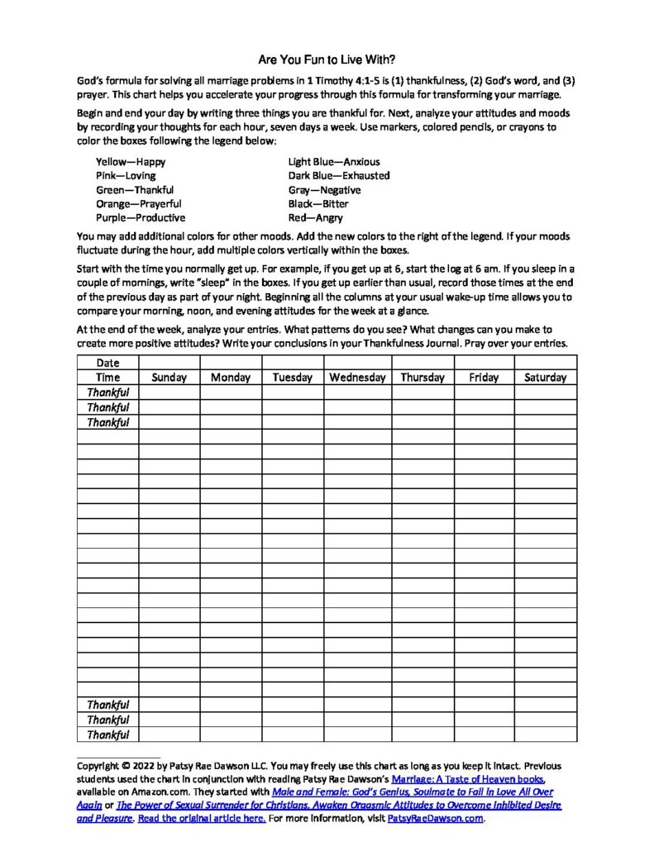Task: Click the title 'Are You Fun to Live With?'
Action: click(x=327, y=60)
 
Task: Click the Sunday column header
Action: click(x=169, y=378)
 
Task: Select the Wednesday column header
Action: click(x=357, y=378)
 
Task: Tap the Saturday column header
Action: click(x=546, y=378)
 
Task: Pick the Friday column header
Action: click(x=484, y=378)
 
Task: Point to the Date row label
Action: click(x=108, y=363)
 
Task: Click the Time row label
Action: click(x=108, y=378)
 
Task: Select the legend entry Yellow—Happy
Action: click(x=131, y=162)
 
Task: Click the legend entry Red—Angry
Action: click(x=315, y=218)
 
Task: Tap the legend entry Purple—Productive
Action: click(x=141, y=218)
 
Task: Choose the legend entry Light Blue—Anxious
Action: click(x=334, y=162)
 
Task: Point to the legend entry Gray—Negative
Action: click(x=324, y=190)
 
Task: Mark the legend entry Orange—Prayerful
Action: click(x=139, y=204)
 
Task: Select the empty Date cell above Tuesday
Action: click(x=293, y=363)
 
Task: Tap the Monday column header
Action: click(x=231, y=378)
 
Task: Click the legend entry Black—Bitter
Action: click(x=318, y=204)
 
